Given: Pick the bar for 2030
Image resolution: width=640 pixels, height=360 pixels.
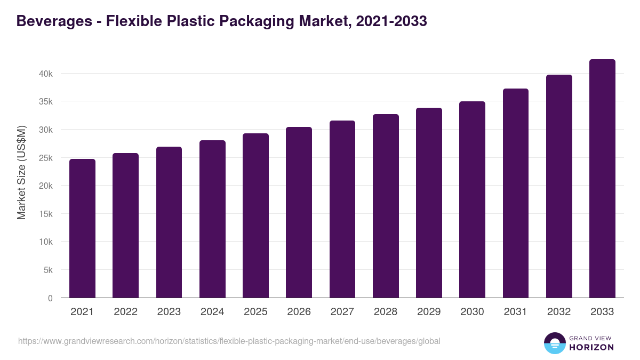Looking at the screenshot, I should (472, 199).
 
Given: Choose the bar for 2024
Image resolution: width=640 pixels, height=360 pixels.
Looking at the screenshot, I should (212, 219).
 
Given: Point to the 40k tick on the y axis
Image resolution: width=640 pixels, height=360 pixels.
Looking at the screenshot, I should (46, 74).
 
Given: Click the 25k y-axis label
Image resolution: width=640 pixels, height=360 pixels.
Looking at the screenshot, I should (46, 158).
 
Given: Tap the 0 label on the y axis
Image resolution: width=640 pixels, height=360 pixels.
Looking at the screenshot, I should (50, 298).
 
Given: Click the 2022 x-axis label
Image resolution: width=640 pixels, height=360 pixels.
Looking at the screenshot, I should (125, 312).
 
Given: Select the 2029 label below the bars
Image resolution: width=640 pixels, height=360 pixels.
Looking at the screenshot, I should (429, 312).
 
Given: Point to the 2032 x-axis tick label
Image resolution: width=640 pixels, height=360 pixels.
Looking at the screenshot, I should (559, 312).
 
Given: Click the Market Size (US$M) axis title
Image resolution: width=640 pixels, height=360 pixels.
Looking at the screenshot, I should (21, 172).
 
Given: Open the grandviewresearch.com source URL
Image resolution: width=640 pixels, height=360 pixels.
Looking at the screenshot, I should (229, 341).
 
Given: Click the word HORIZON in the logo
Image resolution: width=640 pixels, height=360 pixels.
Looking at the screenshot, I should (591, 347).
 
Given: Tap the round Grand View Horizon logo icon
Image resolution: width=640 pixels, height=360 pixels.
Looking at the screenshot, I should (554, 343).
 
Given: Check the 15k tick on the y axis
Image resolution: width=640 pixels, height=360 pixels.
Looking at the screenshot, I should (46, 214).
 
